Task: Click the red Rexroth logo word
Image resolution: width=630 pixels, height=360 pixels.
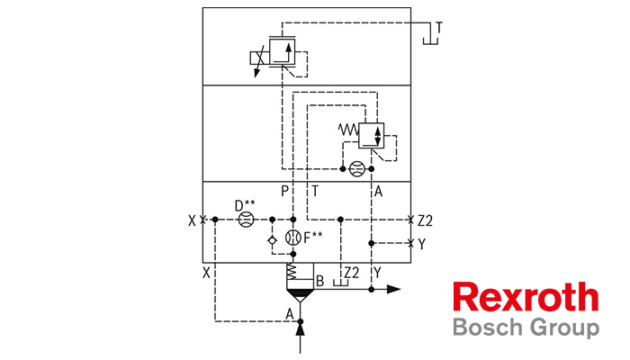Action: [x=526, y=296]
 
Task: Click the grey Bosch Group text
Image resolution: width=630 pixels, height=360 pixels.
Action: [x=526, y=328]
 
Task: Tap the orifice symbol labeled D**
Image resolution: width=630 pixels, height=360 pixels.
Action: [x=246, y=220]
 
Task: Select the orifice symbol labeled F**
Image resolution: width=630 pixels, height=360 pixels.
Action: [x=293, y=238]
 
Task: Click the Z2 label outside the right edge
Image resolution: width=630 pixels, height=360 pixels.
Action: [x=425, y=220]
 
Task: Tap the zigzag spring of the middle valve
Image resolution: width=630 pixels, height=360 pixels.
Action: [x=348, y=130]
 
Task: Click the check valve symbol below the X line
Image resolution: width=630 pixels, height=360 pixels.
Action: [x=272, y=240]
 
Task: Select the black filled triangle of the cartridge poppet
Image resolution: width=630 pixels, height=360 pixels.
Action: [x=300, y=294]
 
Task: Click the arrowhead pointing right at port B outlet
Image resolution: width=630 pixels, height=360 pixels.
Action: [x=394, y=289]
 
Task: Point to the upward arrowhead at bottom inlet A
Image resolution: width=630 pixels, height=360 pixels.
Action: [x=300, y=330]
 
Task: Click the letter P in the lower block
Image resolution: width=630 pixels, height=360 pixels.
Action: [x=285, y=191]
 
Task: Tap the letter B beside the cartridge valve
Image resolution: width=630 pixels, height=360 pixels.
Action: [x=319, y=281]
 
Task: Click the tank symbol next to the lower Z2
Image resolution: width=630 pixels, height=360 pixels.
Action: [x=341, y=283]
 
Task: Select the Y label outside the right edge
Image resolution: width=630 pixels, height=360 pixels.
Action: [x=421, y=244]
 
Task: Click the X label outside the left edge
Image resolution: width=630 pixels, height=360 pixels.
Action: [x=192, y=220]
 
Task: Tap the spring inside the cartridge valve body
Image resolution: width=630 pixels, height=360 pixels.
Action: [x=292, y=272]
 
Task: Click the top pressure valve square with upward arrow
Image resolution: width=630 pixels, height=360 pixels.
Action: [x=282, y=51]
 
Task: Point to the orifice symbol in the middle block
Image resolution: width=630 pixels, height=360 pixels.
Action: [x=356, y=169]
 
